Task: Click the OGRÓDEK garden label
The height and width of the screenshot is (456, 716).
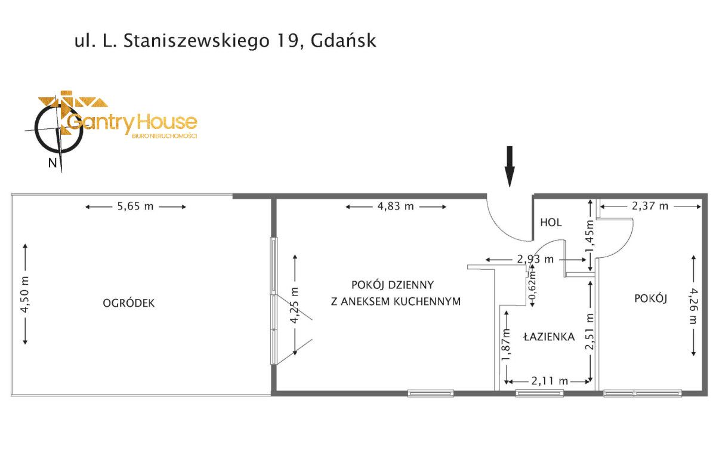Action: pos(129,303)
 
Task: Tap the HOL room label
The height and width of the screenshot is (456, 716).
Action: pos(551,222)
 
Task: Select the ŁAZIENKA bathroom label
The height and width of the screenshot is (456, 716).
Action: pos(549,337)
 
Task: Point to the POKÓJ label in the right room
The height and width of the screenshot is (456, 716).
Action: pos(650,299)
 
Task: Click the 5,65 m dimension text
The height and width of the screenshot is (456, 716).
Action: pos(136,207)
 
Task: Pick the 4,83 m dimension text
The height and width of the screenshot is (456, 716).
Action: pos(396,207)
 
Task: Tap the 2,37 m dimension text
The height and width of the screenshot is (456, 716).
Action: pos(650,207)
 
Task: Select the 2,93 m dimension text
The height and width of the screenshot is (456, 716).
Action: pos(536,260)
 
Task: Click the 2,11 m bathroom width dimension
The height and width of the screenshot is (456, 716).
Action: pos(549,381)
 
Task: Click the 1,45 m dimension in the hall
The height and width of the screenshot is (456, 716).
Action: pos(590,235)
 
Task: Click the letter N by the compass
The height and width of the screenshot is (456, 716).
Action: pos(53,163)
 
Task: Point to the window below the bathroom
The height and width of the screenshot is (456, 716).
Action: pos(539,393)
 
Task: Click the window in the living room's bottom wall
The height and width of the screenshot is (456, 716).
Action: pos(431,393)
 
